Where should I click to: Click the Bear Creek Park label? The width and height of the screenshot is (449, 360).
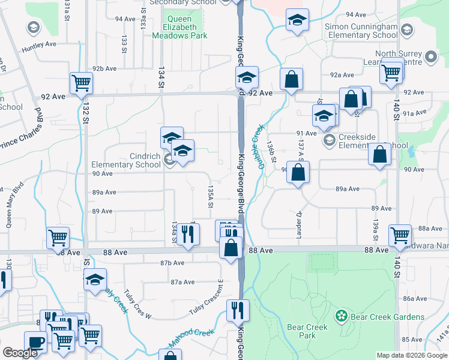click(x=307, y=331)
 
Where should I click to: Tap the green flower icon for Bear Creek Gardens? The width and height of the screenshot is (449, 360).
click(x=342, y=316)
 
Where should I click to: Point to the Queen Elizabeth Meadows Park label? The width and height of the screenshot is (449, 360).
click(x=186, y=27)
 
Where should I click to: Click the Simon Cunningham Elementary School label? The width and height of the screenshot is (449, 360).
click(x=361, y=31)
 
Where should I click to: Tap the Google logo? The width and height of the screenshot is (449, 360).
click(x=20, y=353)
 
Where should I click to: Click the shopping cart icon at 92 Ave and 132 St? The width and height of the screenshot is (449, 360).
click(x=81, y=83)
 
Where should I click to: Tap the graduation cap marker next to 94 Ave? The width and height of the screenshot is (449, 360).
click(x=297, y=20)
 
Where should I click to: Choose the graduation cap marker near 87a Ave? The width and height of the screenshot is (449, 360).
click(x=95, y=280)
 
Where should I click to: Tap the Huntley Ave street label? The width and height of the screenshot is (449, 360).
click(x=38, y=44)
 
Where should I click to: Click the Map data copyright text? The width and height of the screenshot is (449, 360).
click(x=411, y=355)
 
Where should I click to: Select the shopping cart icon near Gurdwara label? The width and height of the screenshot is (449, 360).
click(x=400, y=235)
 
